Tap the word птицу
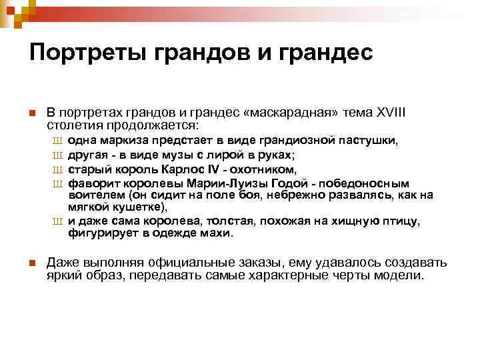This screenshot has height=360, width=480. click(398, 221)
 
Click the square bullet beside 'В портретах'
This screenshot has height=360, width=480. click(32, 113)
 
